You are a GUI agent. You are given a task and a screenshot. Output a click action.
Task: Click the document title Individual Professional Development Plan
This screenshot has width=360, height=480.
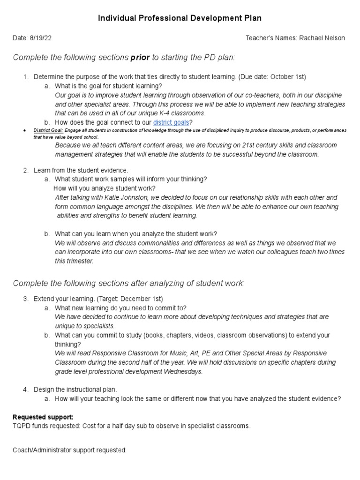pos(180,18)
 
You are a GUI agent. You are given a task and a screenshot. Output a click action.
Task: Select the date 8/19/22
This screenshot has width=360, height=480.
pos(44,38)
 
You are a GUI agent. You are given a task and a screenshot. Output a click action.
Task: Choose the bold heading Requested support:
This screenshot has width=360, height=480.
pos(43,417)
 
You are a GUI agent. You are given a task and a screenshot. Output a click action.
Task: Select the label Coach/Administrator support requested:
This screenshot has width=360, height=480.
pos(69,450)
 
